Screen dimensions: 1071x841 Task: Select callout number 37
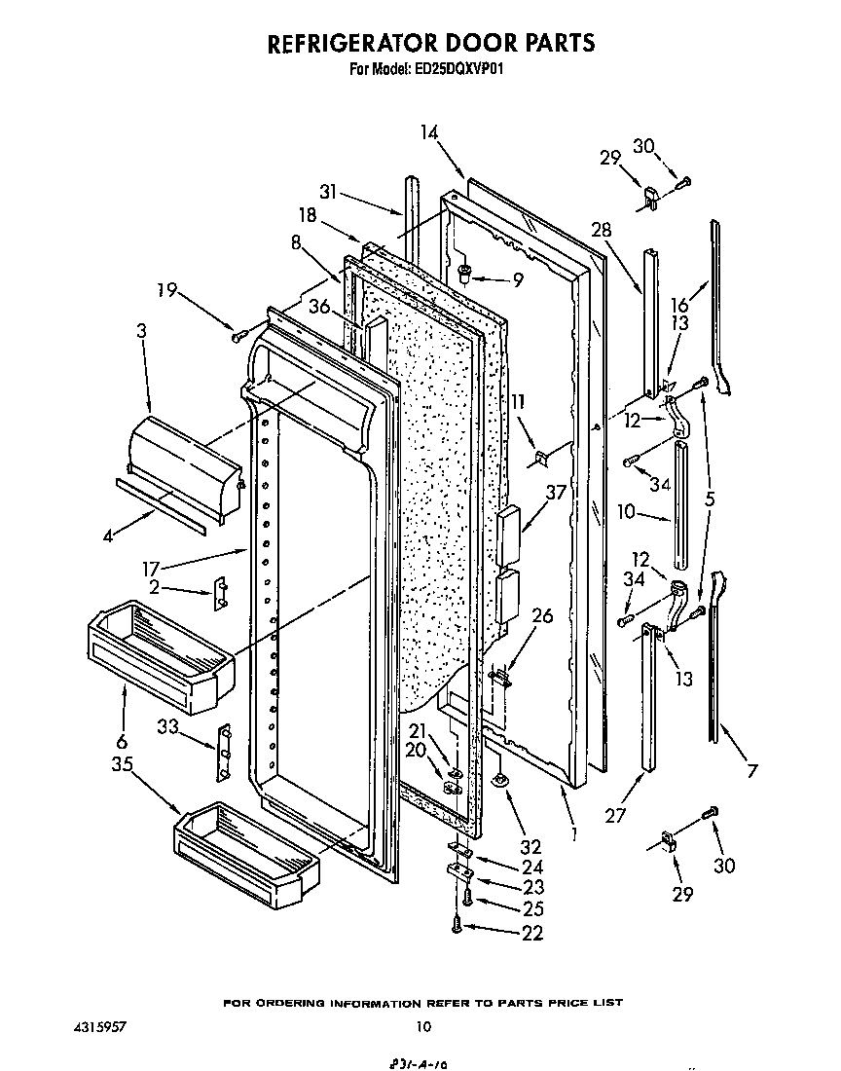[555, 494]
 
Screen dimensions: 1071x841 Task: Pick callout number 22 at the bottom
[531, 933]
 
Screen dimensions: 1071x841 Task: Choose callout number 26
[542, 615]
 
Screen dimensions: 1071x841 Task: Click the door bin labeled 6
[160, 658]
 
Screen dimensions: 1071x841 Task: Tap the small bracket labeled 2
[221, 593]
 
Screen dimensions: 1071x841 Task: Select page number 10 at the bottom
[422, 1025]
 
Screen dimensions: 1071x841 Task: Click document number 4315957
[98, 1026]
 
